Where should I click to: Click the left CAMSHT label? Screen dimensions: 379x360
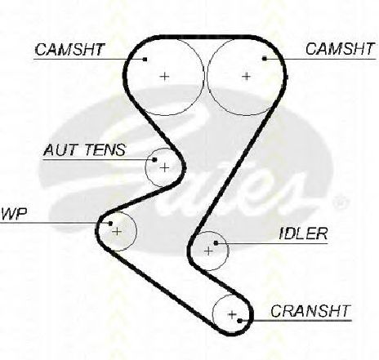click(69, 50)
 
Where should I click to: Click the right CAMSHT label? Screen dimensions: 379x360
click(340, 49)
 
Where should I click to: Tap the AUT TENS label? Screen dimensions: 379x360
click(85, 150)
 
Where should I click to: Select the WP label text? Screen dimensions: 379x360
click(14, 214)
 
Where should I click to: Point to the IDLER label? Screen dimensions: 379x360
click(303, 233)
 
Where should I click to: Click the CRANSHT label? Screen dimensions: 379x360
click(310, 311)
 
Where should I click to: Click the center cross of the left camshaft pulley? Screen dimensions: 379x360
click(164, 77)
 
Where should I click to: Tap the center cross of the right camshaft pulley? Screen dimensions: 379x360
click(246, 76)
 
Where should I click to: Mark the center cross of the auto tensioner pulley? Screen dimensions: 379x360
click(164, 168)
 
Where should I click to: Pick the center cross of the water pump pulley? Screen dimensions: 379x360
click(117, 232)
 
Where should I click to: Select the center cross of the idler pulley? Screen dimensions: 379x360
click(208, 251)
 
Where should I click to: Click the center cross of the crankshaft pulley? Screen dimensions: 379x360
click(232, 315)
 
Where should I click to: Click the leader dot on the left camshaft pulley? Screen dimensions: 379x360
click(145, 59)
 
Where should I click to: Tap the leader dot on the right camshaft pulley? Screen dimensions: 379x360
click(265, 58)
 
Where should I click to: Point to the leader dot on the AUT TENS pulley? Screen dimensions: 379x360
click(154, 160)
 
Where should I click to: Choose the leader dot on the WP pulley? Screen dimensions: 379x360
click(110, 224)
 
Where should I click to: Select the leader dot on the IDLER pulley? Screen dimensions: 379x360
click(216, 243)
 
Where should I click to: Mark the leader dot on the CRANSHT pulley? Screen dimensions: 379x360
click(239, 321)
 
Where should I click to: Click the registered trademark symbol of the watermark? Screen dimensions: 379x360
click(340, 202)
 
